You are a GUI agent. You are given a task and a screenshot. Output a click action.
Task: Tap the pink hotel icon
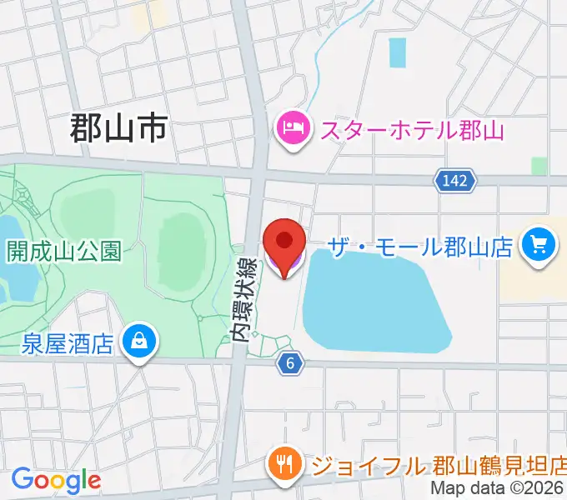[x=293, y=129]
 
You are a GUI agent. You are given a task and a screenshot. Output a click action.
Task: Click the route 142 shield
[x=454, y=179]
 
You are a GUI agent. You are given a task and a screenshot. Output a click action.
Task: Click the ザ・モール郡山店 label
[x=419, y=247]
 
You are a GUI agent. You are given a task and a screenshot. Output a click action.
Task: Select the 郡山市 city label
[x=118, y=130]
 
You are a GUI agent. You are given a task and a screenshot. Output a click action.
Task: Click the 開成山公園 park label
[x=64, y=250]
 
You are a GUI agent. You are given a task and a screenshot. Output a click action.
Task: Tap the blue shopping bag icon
[x=138, y=341]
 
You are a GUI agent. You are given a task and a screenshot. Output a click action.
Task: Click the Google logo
[x=56, y=480]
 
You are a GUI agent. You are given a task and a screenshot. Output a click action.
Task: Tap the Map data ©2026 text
[x=498, y=489]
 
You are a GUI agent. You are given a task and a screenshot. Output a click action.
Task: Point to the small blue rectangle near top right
[x=398, y=52]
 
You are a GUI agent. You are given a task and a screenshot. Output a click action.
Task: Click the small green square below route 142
[x=539, y=166]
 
